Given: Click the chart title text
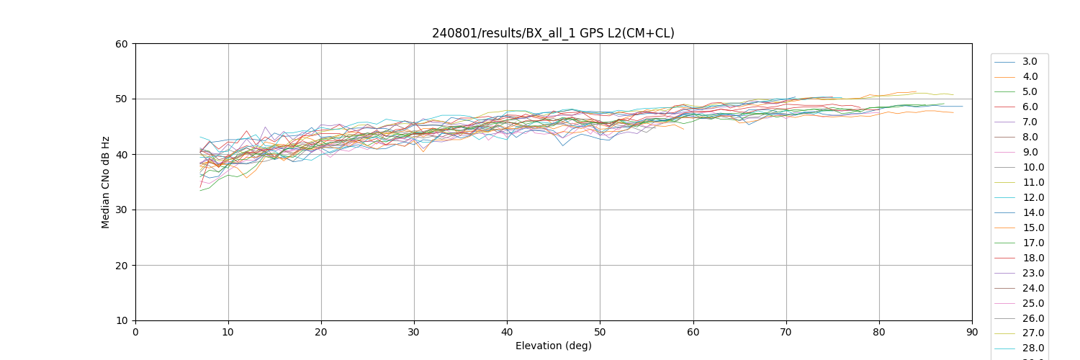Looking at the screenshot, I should tap(553, 33).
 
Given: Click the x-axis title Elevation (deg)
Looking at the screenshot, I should tap(553, 346).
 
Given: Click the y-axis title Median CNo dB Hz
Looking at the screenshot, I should tap(106, 182).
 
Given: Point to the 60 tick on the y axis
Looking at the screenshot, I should tap(122, 44).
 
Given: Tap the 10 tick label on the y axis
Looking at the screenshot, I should tap(122, 320).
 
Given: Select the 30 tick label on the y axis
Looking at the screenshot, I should tap(122, 210).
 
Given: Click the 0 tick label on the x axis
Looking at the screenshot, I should tap(135, 332).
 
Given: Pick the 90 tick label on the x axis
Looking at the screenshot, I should tap(972, 332).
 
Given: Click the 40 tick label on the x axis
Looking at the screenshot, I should tap(507, 332).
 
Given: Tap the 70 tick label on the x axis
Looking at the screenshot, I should tap(786, 332).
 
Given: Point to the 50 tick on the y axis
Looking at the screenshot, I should tap(122, 99).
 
